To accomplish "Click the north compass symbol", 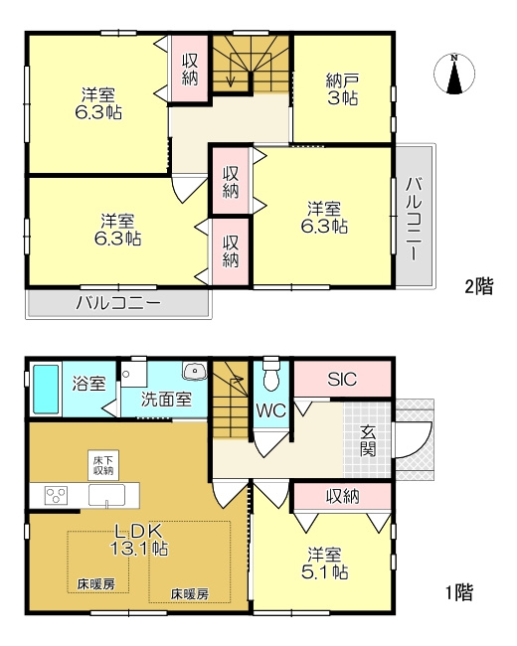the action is click(x=454, y=74).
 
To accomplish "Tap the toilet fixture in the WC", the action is click(x=270, y=374).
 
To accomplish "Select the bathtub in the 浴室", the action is click(x=46, y=389).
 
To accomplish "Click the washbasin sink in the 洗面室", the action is click(x=195, y=371).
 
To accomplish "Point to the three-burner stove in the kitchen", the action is click(x=56, y=495).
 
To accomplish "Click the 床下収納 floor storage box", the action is click(x=103, y=465).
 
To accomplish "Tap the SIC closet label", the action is click(x=342, y=379).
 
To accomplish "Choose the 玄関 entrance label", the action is click(x=368, y=441).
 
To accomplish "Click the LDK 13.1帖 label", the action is click(x=139, y=540).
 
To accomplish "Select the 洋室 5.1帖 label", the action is click(x=324, y=564).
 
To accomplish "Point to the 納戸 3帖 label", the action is click(x=342, y=89).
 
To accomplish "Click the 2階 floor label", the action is click(x=479, y=286).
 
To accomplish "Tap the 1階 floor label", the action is click(x=460, y=593).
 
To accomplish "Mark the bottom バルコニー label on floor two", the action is click(x=118, y=304).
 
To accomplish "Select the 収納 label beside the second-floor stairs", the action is click(x=190, y=70).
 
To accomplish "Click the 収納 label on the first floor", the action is click(x=343, y=497).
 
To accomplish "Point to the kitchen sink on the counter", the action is click(x=106, y=495).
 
